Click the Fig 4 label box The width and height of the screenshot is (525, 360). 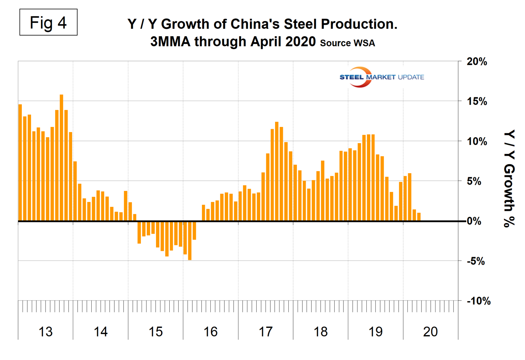[x=48, y=23]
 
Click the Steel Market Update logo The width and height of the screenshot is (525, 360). [x=381, y=77]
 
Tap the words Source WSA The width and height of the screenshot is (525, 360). [x=347, y=43]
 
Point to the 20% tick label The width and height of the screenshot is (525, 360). [x=477, y=61]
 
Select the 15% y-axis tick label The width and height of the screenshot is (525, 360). [x=477, y=101]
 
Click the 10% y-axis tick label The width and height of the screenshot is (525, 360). [x=477, y=141]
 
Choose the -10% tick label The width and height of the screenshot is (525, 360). [x=479, y=301]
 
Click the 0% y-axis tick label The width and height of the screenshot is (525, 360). [x=474, y=221]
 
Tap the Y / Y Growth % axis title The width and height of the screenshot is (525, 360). [x=509, y=178]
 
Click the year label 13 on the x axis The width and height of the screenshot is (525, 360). [x=45, y=332]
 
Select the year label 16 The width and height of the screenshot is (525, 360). [x=211, y=332]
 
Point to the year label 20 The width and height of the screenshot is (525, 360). [x=430, y=332]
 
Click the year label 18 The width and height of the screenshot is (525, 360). [x=321, y=332]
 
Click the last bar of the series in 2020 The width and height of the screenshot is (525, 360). [x=419, y=217]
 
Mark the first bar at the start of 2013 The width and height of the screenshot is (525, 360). [x=20, y=163]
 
